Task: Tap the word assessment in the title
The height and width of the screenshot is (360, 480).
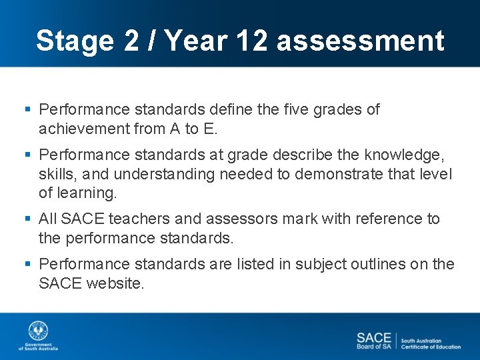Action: [360, 41]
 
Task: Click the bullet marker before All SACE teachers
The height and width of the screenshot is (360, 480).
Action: [28, 219]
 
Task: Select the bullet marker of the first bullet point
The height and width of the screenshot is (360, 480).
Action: [28, 109]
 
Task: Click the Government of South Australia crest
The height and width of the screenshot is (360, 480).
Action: [38, 332]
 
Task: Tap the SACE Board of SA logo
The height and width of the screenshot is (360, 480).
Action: [374, 341]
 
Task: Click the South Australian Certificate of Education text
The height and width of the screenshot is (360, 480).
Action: [431, 343]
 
